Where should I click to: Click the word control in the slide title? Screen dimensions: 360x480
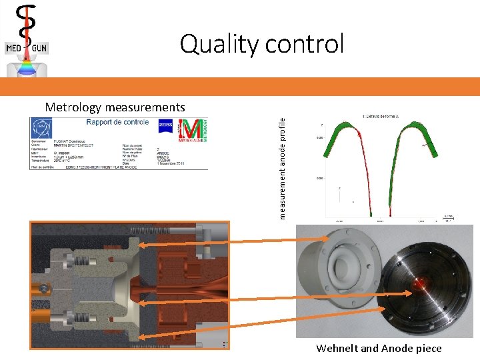(x=305, y=44)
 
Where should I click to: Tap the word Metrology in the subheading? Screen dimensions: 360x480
(x=73, y=107)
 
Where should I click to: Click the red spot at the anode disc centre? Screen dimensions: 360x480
(x=421, y=283)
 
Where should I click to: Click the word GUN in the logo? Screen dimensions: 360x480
(x=38, y=48)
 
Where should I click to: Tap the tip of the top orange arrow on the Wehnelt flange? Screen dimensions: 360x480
(x=320, y=247)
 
